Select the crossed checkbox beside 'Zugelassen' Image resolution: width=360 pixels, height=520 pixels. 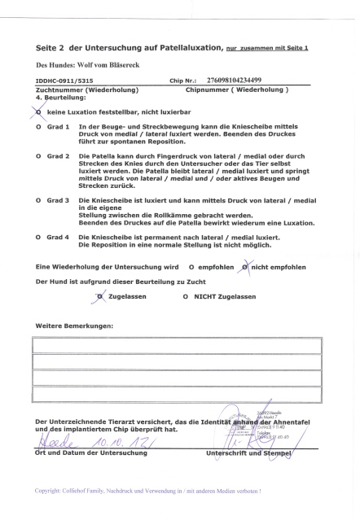(x=100, y=296)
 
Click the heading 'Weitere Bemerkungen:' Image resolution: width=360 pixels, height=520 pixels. (x=75, y=326)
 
